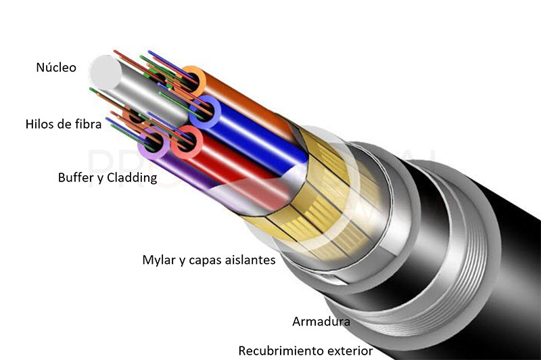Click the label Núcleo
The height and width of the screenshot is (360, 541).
click(x=56, y=67)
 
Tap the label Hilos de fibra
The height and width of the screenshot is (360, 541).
click(x=64, y=124)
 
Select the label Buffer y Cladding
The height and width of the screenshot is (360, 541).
click(x=108, y=177)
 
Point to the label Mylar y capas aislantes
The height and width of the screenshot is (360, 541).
click(x=209, y=260)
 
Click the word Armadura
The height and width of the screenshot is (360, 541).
click(x=321, y=321)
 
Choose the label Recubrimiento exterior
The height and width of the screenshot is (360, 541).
click(x=306, y=351)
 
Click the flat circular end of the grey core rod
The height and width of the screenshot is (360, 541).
click(x=105, y=72)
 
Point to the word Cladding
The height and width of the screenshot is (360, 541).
click(x=132, y=177)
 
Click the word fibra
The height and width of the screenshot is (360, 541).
click(x=89, y=124)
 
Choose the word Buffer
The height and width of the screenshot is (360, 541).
click(x=73, y=177)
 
